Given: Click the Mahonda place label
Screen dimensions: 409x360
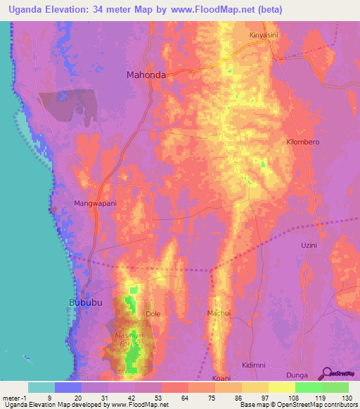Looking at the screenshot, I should (146, 75).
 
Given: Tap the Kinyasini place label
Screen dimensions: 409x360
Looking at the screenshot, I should (264, 34).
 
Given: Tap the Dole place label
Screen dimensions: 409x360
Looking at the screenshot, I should (153, 313).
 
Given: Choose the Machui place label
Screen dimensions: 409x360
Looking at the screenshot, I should (219, 312).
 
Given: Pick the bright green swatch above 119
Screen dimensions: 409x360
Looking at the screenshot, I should (308, 387).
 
